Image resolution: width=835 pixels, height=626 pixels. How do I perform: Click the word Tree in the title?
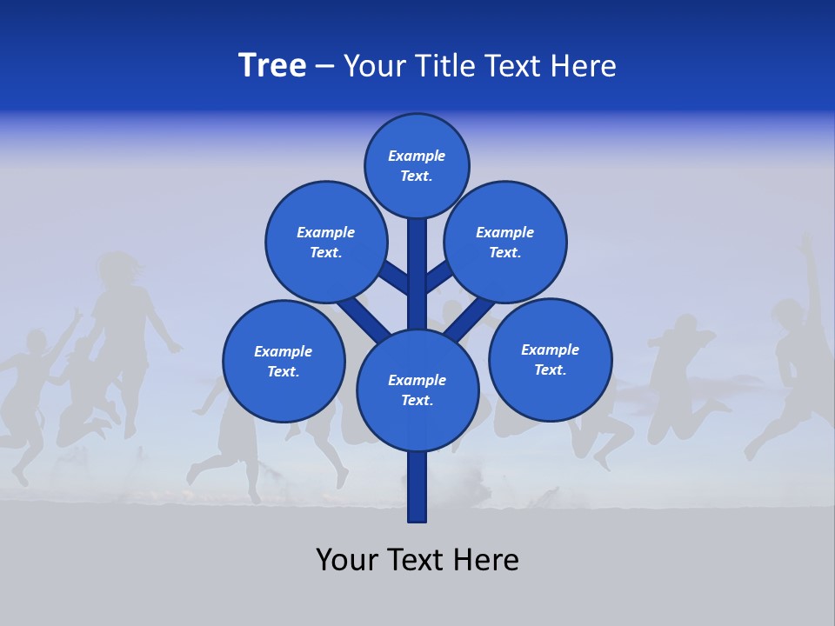pyautogui.click(x=272, y=65)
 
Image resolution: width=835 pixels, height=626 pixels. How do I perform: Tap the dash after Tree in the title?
pyautogui.click(x=324, y=67)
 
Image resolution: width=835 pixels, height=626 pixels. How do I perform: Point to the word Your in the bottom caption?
pyautogui.click(x=348, y=560)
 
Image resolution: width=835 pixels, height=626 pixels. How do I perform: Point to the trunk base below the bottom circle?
pyautogui.click(x=417, y=487)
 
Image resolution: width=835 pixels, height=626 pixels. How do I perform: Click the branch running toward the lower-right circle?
pyautogui.click(x=470, y=319)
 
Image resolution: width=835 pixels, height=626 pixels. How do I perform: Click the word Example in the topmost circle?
pyautogui.click(x=417, y=156)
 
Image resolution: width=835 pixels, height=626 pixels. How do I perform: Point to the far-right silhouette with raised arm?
pyautogui.click(x=800, y=348)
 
